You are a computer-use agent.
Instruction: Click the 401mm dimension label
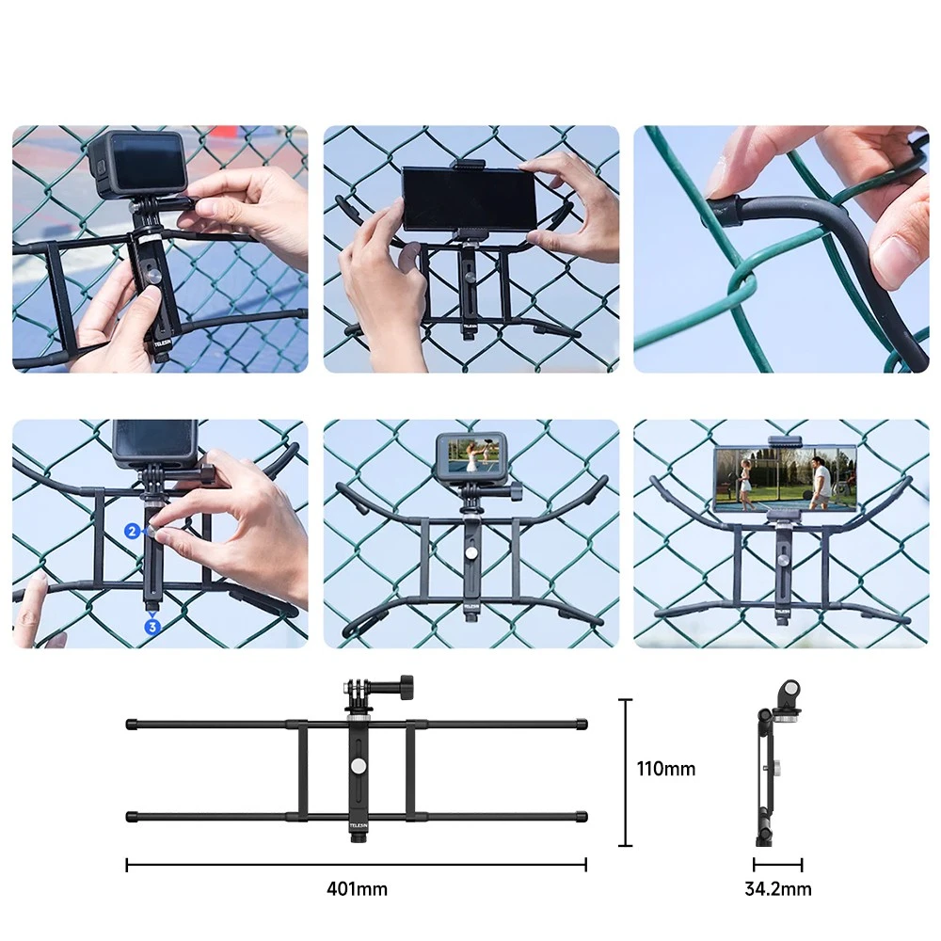point(357,889)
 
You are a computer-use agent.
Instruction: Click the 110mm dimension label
point(666,769)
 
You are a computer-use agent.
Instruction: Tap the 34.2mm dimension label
point(778,889)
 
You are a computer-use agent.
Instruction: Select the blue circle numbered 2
point(133,531)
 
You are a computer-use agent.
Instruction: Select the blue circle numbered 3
point(152,627)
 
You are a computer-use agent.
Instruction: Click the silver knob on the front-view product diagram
point(359,766)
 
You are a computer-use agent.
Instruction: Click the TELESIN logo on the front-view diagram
point(359,826)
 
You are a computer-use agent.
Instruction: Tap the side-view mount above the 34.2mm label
point(778,763)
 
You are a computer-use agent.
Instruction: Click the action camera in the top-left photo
point(136,164)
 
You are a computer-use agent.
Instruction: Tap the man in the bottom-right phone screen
point(820,478)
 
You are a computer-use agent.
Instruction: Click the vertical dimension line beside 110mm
point(626,773)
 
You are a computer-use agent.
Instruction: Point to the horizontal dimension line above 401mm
point(357,865)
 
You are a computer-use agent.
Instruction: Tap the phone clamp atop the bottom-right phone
point(785,442)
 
